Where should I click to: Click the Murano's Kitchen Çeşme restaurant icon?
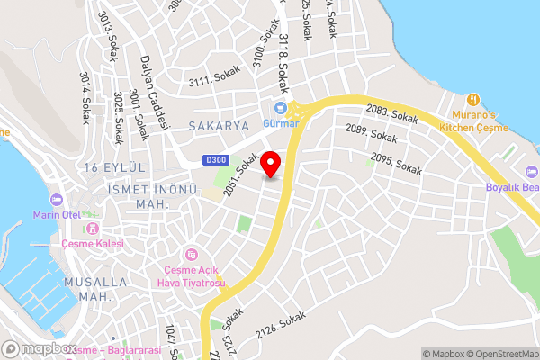pos(473,99)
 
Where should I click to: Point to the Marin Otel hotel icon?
pos(58,199)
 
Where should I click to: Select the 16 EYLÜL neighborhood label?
pos(114,168)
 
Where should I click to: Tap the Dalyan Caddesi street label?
pos(154,92)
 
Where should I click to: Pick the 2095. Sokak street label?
pos(396,165)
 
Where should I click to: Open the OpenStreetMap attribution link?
pos(502,352)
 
